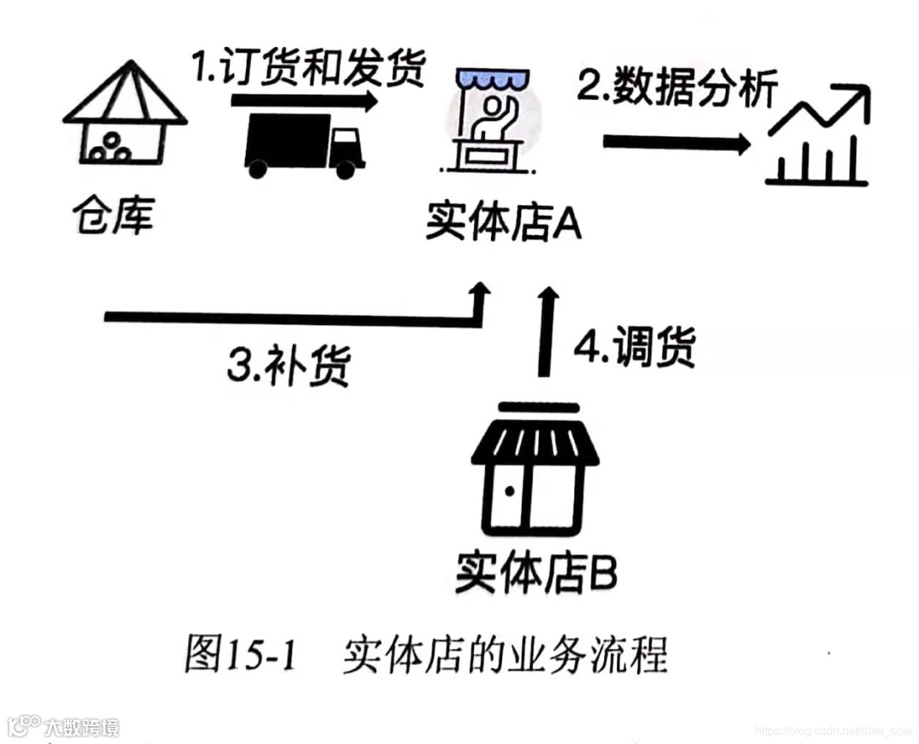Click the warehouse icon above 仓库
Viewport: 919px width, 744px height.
124,115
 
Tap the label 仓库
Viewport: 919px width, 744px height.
113,216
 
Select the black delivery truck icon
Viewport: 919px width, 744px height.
304,146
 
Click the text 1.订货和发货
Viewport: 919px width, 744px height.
308,71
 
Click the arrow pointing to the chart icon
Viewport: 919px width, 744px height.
676,142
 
